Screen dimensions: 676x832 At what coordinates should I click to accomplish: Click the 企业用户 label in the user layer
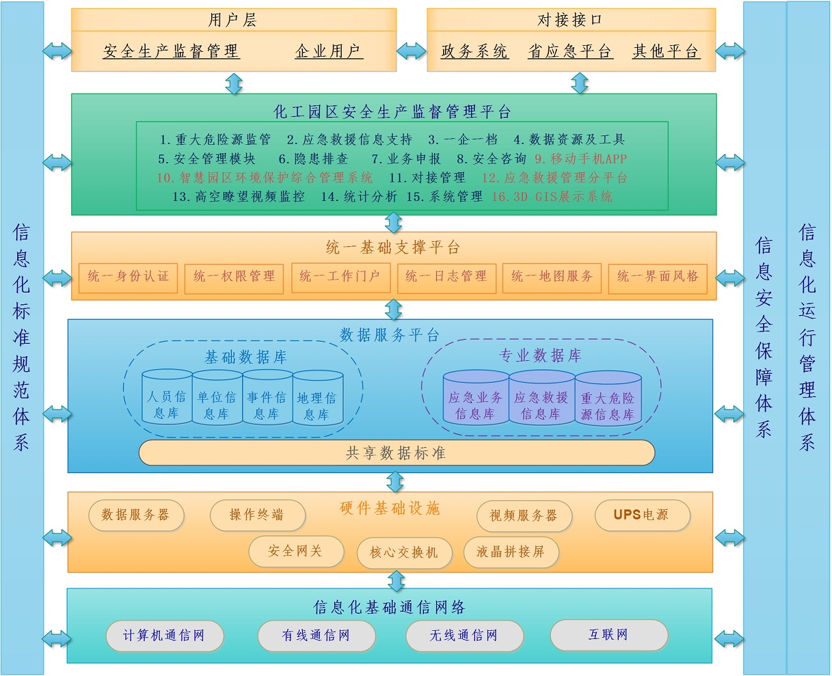(x=328, y=51)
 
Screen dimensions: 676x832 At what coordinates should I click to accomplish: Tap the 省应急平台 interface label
(x=569, y=51)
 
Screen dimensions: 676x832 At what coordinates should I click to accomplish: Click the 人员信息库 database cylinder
(x=167, y=398)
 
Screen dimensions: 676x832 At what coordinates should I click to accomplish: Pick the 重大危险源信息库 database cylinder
(x=608, y=398)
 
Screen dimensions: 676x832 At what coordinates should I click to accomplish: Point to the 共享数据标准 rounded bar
(x=397, y=453)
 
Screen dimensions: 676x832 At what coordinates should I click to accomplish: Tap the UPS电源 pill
(x=641, y=515)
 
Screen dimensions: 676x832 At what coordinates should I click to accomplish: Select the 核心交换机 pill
(x=404, y=552)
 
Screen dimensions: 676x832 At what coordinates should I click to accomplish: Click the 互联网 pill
(x=608, y=635)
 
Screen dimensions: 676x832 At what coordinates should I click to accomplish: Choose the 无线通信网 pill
(x=464, y=636)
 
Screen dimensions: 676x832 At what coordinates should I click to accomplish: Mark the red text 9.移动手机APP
(x=581, y=159)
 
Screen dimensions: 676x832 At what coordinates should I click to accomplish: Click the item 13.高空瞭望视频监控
(x=239, y=197)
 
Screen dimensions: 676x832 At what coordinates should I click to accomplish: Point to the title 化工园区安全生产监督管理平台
(x=392, y=111)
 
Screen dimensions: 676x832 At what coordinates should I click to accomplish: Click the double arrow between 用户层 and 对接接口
(x=412, y=50)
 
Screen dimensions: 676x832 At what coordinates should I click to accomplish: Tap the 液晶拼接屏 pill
(x=511, y=552)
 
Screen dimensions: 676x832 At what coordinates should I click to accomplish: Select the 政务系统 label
(x=474, y=51)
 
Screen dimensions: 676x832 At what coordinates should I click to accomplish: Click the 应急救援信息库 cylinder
(x=541, y=398)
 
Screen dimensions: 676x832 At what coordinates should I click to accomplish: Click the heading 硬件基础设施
(x=390, y=509)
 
